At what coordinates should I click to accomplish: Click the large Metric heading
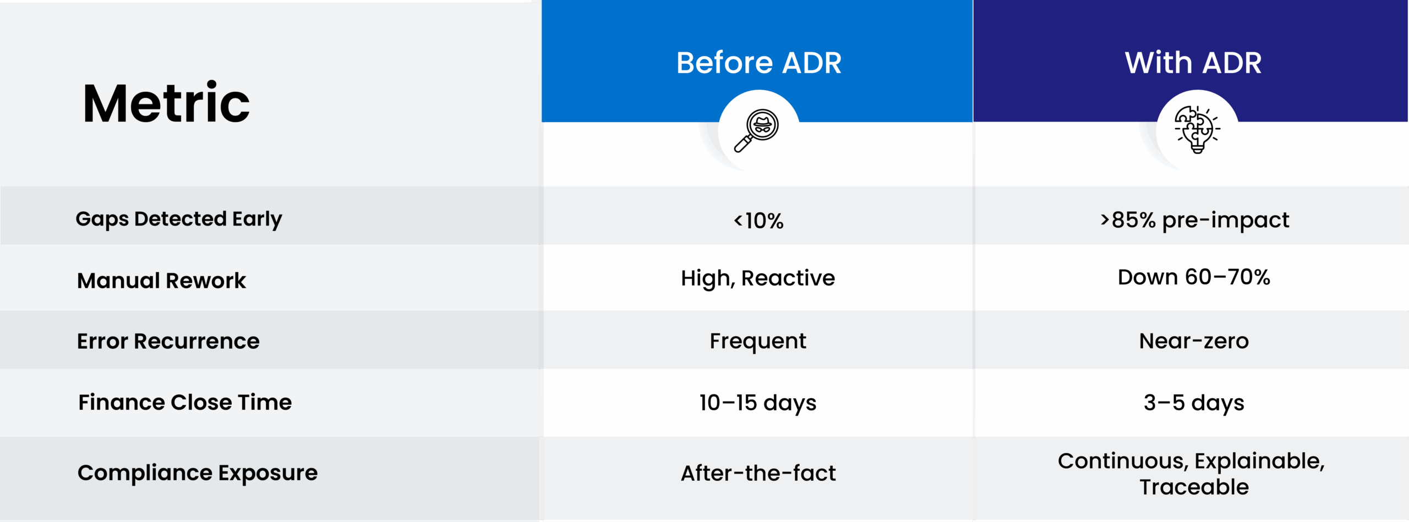(166, 102)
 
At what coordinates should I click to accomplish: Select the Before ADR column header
(759, 63)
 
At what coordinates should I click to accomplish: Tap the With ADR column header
(1193, 63)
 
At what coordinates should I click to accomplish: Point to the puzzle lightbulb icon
(1198, 129)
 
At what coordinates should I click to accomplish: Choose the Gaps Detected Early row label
(179, 219)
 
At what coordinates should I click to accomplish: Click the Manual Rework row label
(161, 281)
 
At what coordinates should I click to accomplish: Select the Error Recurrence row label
(168, 341)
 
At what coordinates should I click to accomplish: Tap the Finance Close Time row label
(185, 402)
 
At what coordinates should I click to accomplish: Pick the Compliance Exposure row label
(198, 473)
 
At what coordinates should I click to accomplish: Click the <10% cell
(758, 221)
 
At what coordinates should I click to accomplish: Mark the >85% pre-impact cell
(1194, 220)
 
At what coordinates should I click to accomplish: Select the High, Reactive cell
(758, 278)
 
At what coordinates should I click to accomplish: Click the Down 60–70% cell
(1194, 277)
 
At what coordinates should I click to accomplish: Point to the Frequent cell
(758, 342)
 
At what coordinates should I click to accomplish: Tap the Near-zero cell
(1194, 341)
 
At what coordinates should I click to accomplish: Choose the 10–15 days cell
(758, 403)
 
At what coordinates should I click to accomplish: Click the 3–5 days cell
(1194, 403)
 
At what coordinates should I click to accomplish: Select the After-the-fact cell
(758, 473)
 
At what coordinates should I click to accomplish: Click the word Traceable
(1194, 487)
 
